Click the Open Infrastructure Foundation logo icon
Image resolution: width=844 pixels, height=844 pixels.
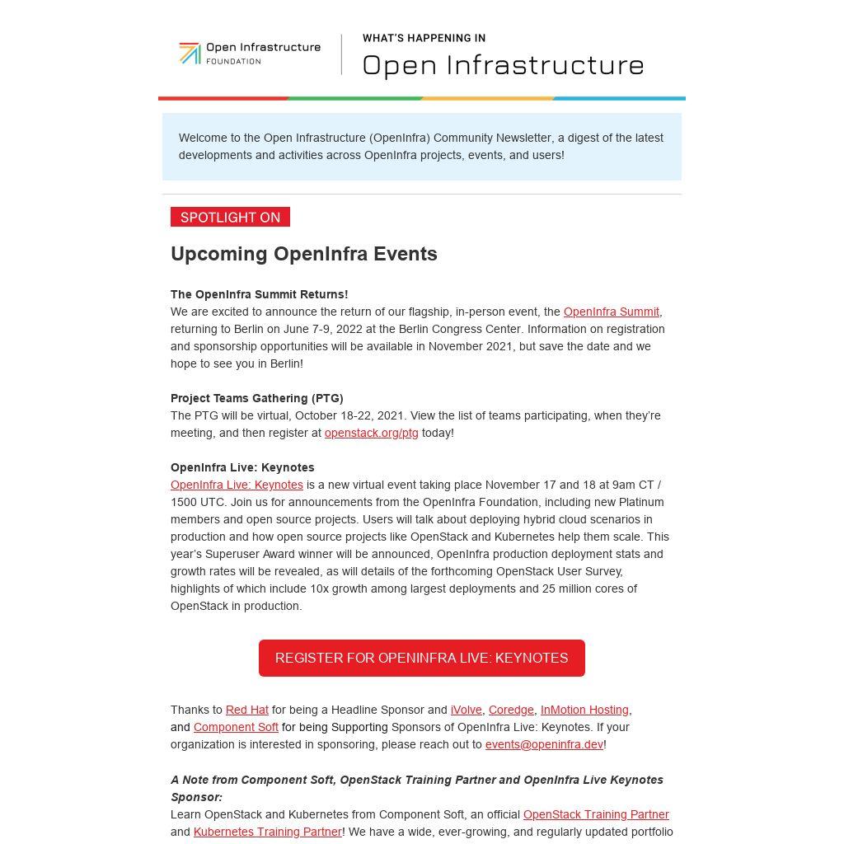(x=190, y=54)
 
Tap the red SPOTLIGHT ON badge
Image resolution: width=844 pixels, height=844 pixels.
(x=230, y=217)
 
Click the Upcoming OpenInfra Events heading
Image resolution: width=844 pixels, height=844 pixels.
(x=303, y=254)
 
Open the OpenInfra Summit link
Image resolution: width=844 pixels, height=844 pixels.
(x=611, y=312)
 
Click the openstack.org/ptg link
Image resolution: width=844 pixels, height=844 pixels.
(x=371, y=433)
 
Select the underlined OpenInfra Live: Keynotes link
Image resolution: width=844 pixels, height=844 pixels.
(x=237, y=485)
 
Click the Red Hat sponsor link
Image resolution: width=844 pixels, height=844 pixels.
(x=246, y=710)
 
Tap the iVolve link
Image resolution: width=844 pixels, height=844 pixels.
(x=466, y=710)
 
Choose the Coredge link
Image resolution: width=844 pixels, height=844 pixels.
(x=511, y=710)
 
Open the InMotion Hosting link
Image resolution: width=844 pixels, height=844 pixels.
(x=584, y=710)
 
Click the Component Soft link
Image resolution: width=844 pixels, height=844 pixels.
(x=236, y=727)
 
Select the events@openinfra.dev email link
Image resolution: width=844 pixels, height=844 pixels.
(x=544, y=744)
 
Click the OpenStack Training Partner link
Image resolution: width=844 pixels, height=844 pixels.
(x=596, y=814)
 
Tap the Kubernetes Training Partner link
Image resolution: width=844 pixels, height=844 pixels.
(x=267, y=832)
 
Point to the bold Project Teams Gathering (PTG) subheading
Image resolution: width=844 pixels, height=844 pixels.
(x=256, y=398)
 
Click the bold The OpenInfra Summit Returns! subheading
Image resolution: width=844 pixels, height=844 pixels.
(x=259, y=294)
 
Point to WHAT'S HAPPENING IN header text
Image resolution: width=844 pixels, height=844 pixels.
(x=424, y=38)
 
